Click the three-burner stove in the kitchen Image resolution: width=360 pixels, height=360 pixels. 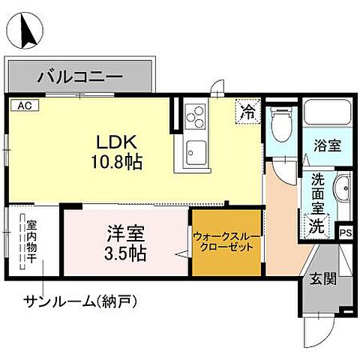pos(195,116)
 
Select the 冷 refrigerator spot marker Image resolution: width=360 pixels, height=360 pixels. pos(247,112)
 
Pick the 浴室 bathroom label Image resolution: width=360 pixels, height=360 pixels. pos(328,145)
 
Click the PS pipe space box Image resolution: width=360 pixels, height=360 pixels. pos(346,233)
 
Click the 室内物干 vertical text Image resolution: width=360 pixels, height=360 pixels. pos(31,242)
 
